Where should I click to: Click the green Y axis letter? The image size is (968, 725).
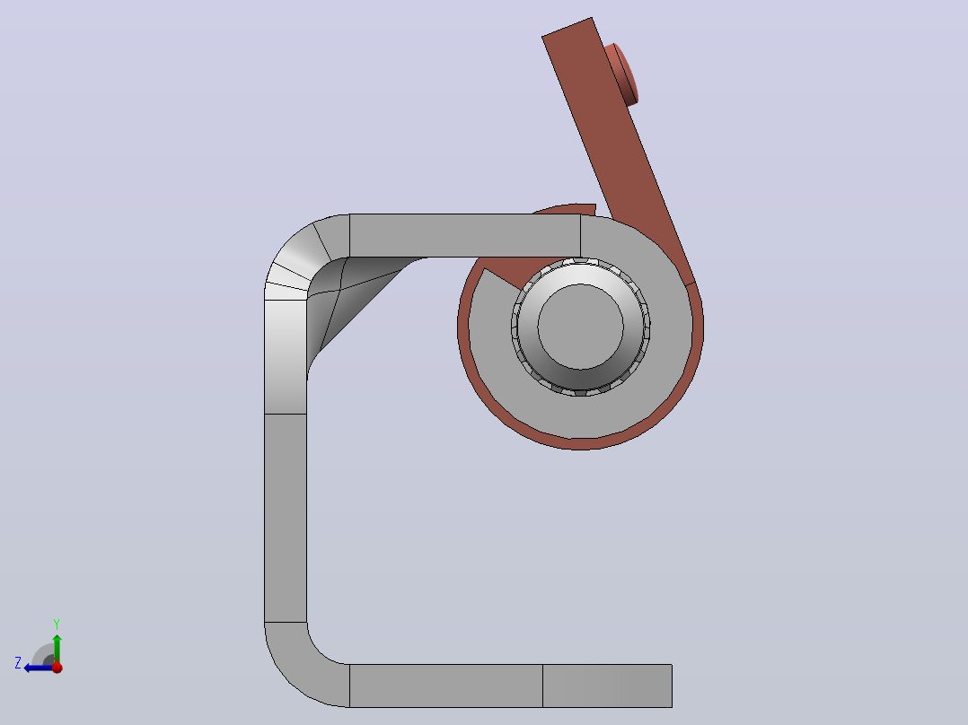57,624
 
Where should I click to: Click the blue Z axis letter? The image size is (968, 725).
18,663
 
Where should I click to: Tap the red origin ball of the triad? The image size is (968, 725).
57,668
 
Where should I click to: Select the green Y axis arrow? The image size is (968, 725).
57,649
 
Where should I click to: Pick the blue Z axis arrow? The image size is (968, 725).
40,668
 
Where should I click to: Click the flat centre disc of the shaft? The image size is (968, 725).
580,327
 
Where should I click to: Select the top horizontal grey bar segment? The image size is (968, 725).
465,236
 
